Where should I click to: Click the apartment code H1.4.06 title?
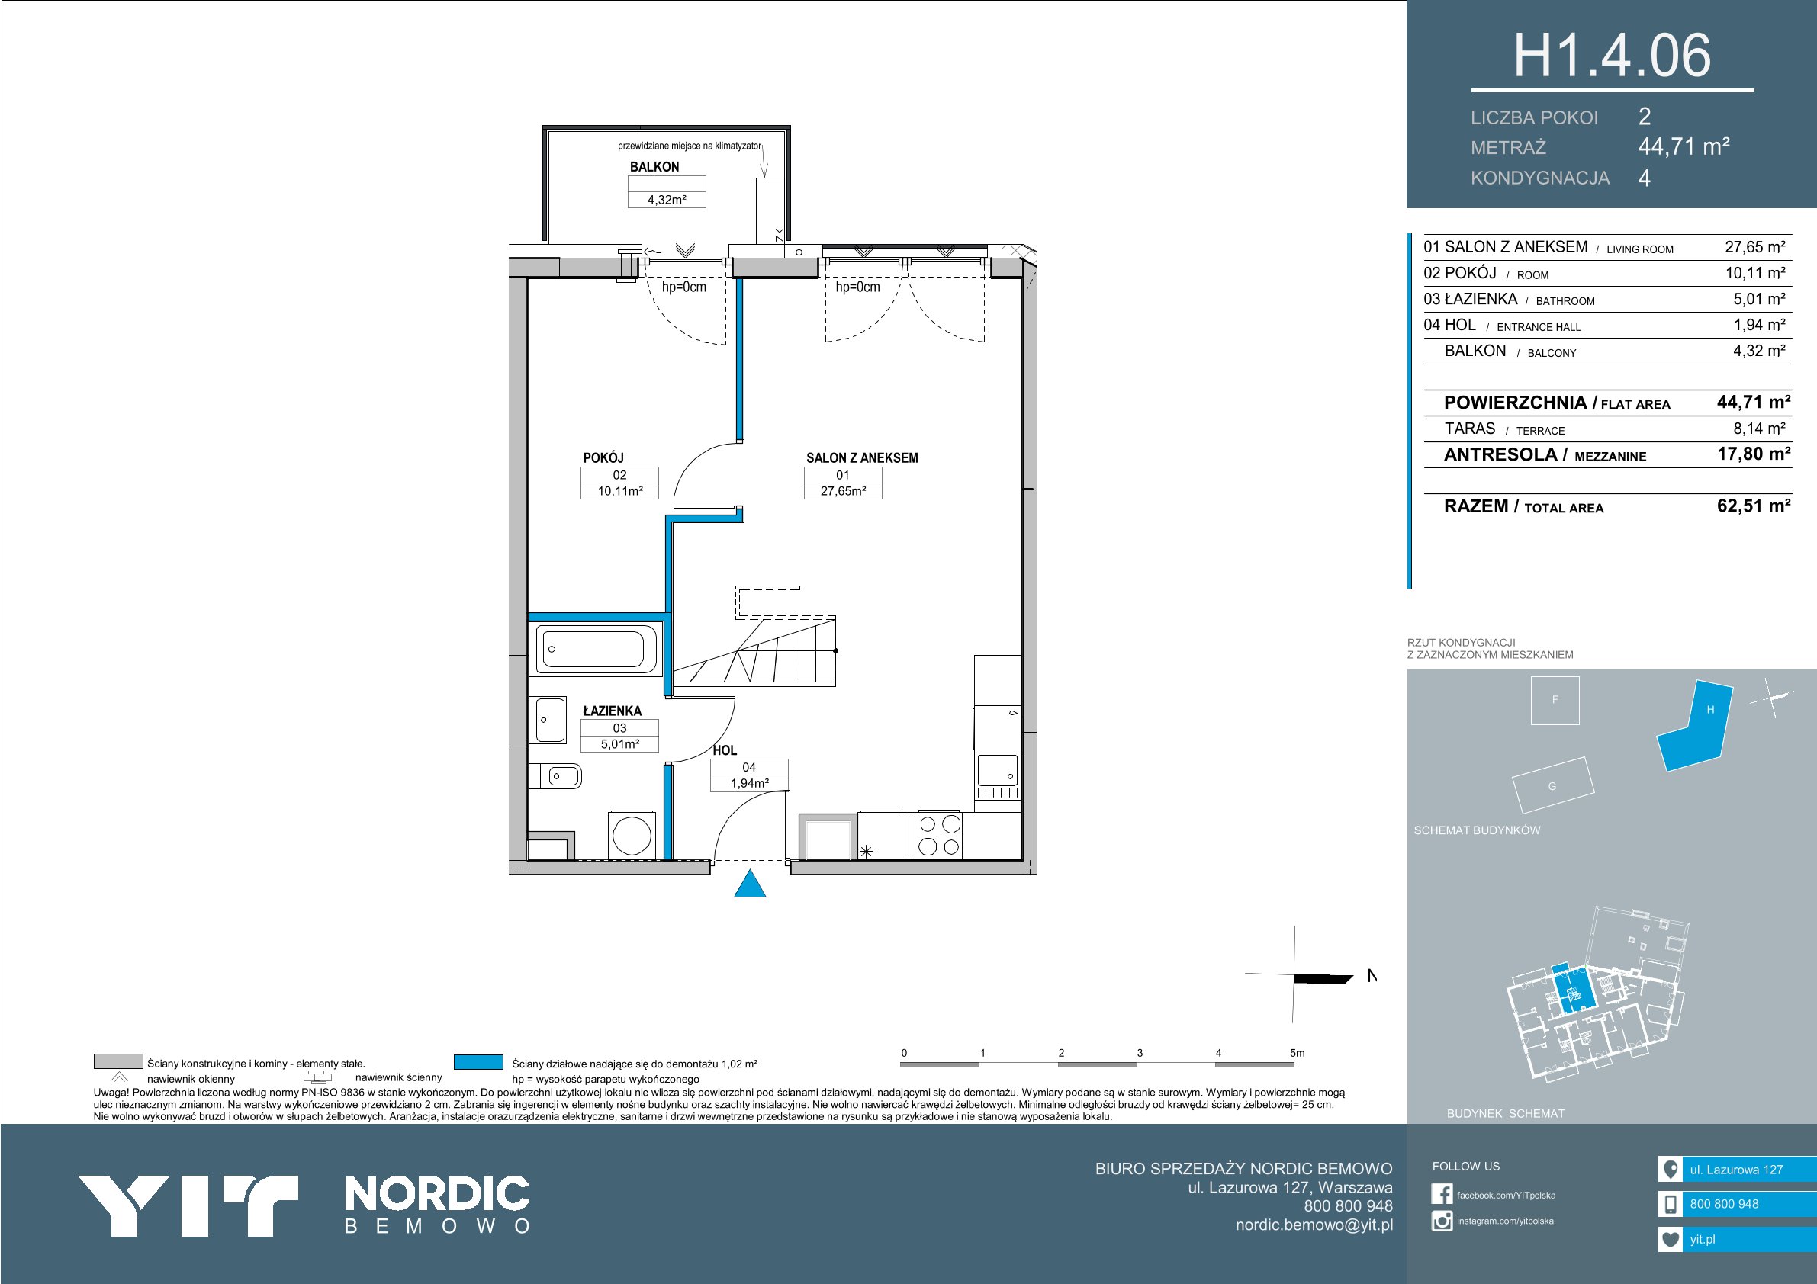pyautogui.click(x=1612, y=56)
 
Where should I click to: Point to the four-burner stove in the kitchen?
pyautogui.click(x=938, y=835)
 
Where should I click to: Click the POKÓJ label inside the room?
pyautogui.click(x=604, y=457)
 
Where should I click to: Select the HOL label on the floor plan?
pyautogui.click(x=724, y=750)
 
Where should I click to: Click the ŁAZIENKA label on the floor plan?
pyautogui.click(x=613, y=711)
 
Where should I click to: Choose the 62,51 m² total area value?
pyautogui.click(x=1754, y=506)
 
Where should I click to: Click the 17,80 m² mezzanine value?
pyautogui.click(x=1754, y=454)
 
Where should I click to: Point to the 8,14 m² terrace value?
pyautogui.click(x=1759, y=429)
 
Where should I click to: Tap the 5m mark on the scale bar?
pyautogui.click(x=1296, y=1053)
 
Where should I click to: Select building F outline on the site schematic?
pyautogui.click(x=1555, y=700)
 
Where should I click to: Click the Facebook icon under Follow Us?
pyautogui.click(x=1442, y=1194)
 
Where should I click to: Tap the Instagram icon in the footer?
pyautogui.click(x=1442, y=1221)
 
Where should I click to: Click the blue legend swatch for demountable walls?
pyautogui.click(x=479, y=1061)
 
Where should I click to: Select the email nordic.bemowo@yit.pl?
pyautogui.click(x=1314, y=1225)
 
